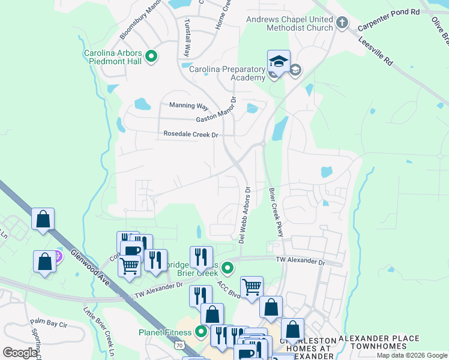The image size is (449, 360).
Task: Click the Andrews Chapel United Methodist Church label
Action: [290, 23]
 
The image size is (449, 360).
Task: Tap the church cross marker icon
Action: [342, 23]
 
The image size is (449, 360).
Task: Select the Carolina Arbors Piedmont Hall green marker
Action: [151, 58]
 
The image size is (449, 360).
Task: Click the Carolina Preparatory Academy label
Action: [227, 74]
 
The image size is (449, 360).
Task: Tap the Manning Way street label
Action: [188, 106]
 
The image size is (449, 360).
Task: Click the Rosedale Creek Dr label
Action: [190, 135]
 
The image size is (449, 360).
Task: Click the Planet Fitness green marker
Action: [202, 331]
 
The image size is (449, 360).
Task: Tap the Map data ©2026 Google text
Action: [412, 355]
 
